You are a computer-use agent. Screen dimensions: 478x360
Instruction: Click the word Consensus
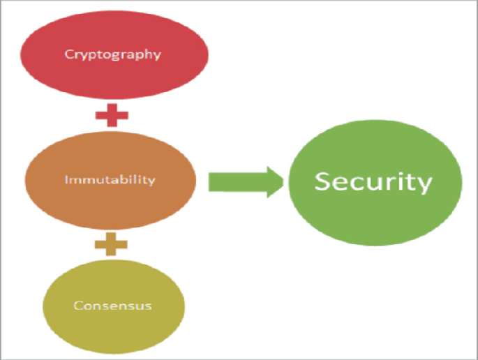point(112,306)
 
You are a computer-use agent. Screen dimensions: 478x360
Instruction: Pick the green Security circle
point(375,183)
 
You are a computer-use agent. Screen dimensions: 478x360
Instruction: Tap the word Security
point(373,181)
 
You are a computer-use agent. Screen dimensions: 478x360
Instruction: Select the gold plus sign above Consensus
point(112,243)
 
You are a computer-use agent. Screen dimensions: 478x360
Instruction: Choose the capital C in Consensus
point(77,306)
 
